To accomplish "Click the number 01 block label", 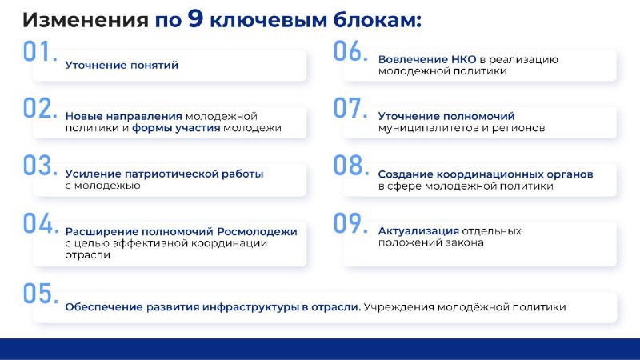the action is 40,51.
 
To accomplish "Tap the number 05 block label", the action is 41,293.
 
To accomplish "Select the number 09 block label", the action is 350,223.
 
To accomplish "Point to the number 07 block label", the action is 350,108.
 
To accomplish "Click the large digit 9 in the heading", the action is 195,18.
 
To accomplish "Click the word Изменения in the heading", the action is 86,20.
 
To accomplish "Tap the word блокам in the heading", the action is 378,20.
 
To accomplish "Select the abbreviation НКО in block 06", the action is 463,59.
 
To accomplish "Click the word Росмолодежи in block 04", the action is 257,232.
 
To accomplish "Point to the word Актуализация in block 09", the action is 418,231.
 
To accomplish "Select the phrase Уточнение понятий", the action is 122,66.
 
